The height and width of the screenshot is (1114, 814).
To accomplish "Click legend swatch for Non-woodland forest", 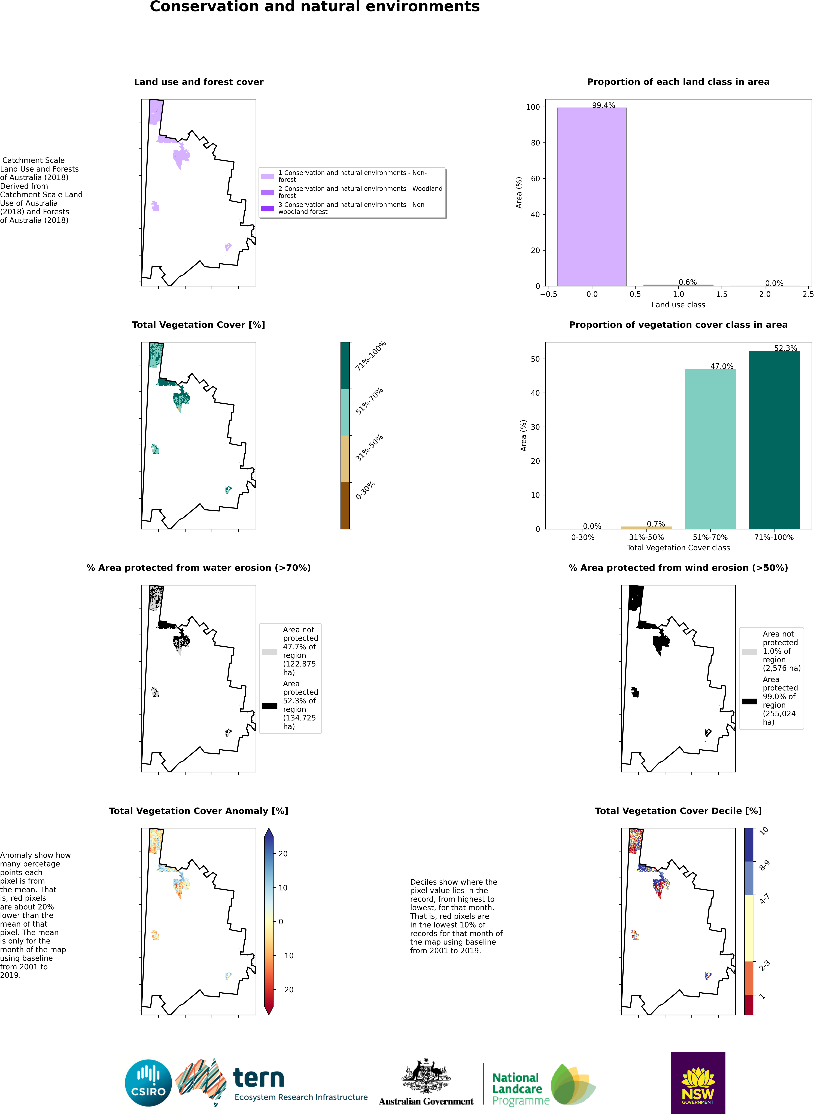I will click(x=267, y=208).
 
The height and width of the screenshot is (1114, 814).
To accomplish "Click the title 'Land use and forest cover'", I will click(x=199, y=82).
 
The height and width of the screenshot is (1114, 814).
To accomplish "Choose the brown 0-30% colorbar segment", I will click(x=345, y=506).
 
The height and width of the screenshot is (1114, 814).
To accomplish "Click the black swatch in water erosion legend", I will click(x=269, y=705).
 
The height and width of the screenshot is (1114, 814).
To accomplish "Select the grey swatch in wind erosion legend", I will click(x=749, y=652).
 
